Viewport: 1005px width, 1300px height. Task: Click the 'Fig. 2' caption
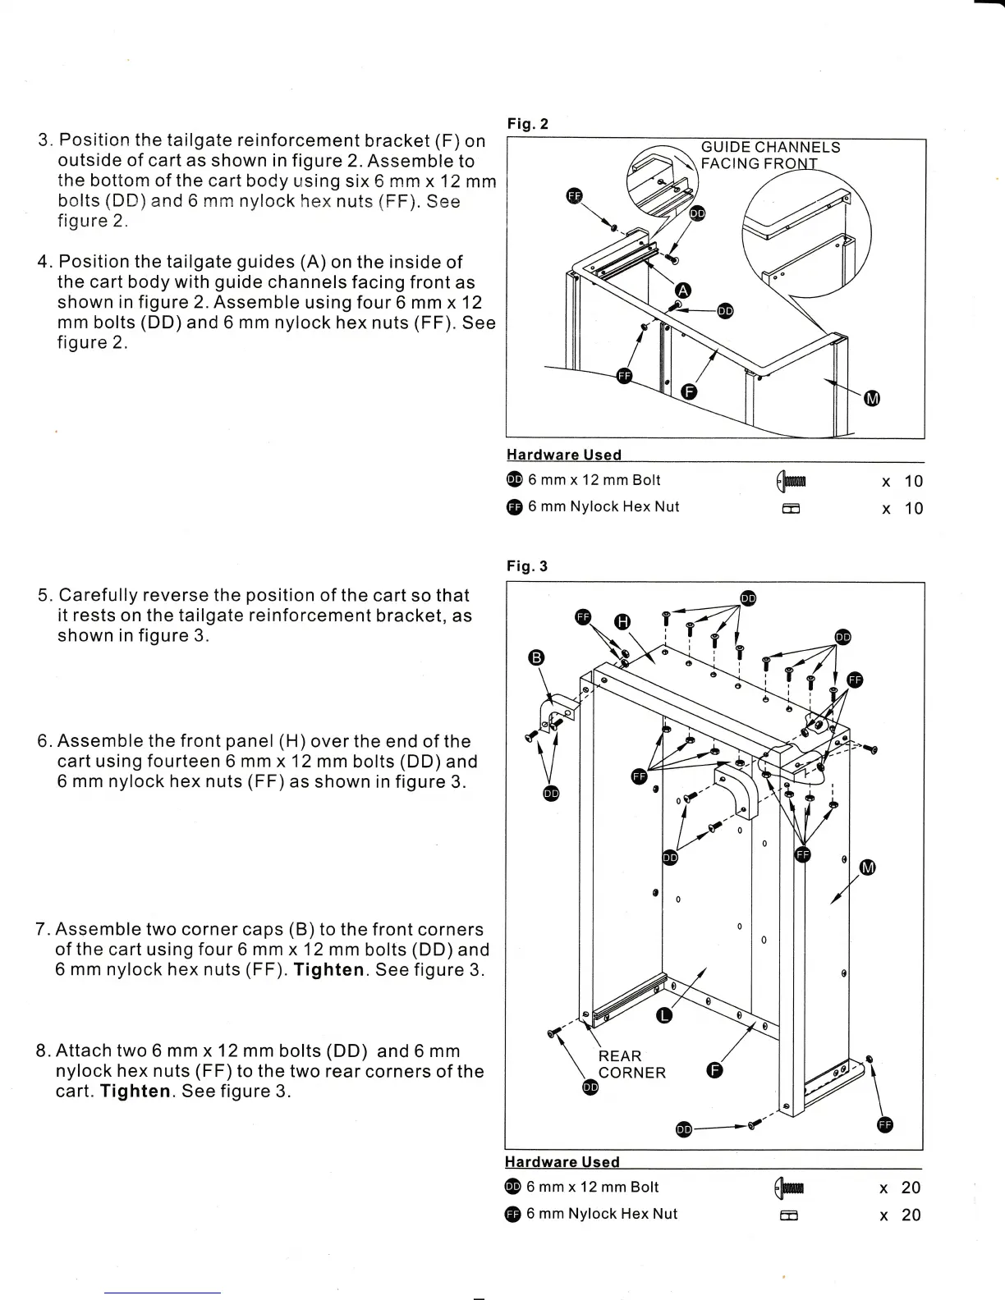coord(527,124)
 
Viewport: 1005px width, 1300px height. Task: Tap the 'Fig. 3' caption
coord(526,566)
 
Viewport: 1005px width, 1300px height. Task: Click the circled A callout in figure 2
coord(683,290)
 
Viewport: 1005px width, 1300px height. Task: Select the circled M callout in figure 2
coord(873,399)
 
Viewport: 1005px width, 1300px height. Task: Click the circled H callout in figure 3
coord(622,622)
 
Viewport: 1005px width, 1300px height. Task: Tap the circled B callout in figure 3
coord(536,657)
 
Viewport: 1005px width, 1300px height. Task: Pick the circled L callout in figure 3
coord(664,1017)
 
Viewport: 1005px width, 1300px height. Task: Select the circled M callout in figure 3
coord(868,868)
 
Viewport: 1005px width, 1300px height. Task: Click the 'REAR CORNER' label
coord(631,1064)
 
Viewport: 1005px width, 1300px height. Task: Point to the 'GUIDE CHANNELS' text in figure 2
coord(769,147)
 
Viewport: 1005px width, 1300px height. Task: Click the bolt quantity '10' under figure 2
coord(913,481)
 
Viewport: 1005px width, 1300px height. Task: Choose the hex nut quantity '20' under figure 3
coord(911,1215)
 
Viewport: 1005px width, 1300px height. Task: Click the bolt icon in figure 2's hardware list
coord(792,481)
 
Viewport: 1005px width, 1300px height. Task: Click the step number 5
coord(44,596)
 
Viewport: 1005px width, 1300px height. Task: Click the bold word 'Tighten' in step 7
coord(328,970)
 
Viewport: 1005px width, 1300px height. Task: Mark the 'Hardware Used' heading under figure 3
coord(562,1161)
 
